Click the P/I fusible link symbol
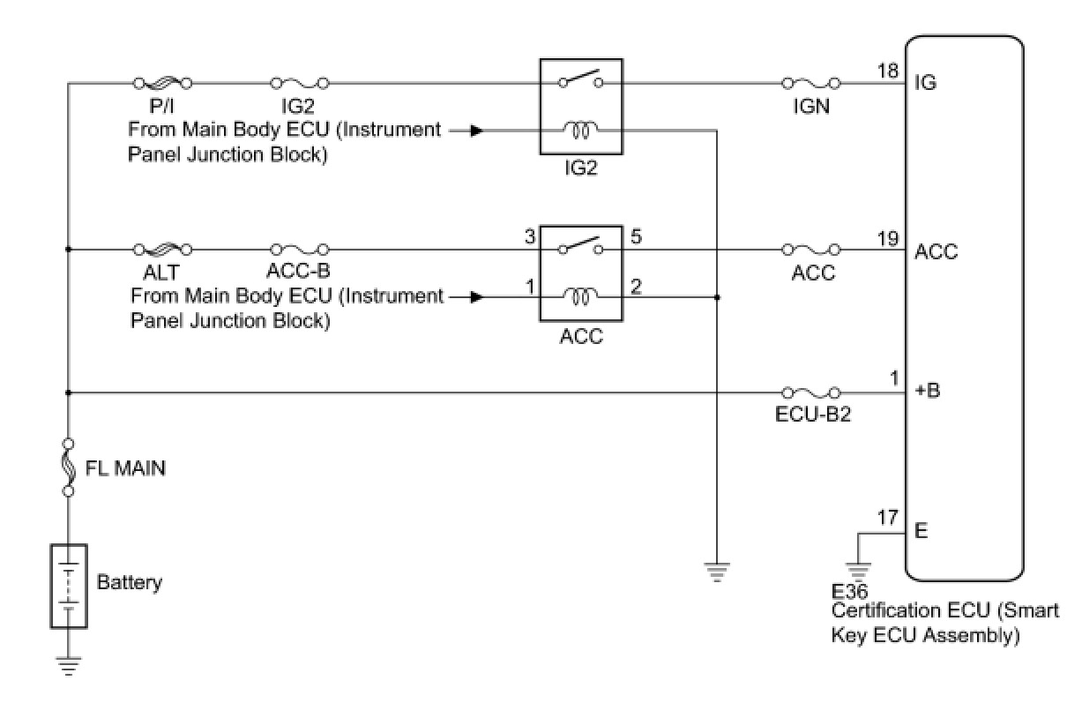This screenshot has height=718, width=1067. coord(162,84)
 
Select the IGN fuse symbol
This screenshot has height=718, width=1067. coord(811,84)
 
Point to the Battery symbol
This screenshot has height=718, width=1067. coord(68,585)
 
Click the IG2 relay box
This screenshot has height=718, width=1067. coord(581,107)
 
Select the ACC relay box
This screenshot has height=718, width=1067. coord(581,273)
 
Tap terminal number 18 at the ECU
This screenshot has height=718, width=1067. coord(888,70)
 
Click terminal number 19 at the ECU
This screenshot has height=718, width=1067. coord(888,238)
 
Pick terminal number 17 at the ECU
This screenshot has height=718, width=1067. coord(888,519)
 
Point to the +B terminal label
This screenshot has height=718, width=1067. coord(928,391)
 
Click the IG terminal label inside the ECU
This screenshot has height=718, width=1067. coord(926,83)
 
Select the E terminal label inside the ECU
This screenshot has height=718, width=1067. coord(921,533)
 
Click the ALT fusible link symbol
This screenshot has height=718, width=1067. coord(162,250)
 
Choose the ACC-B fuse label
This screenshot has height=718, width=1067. coord(300,272)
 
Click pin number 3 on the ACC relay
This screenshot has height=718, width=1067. coord(530,237)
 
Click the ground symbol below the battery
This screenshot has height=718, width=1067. coord(68,662)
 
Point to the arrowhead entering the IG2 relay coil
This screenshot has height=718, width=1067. coord(476,131)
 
